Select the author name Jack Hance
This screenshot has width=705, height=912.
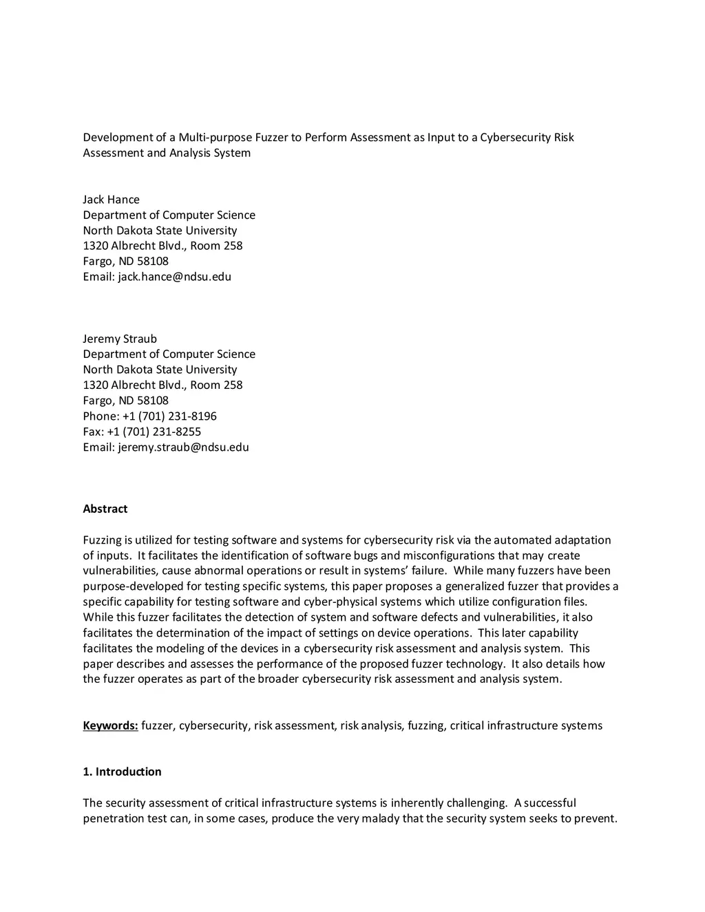coord(111,200)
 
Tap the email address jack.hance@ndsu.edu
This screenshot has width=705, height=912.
coord(175,277)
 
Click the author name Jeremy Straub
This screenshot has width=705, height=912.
coord(120,339)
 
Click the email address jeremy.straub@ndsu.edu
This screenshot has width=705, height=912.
coord(184,447)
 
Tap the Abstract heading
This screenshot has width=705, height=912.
coord(105,509)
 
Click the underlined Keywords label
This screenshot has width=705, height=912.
coord(110,725)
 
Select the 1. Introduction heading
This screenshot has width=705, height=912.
coord(122,772)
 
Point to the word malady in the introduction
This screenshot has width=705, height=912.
coord(377,818)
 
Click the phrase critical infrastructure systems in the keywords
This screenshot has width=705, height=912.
coord(526,725)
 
